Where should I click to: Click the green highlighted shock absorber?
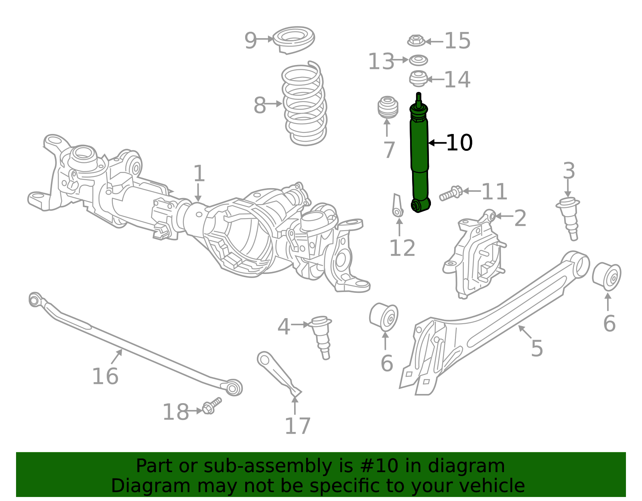pos(419,156)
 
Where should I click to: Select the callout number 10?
pos(459,143)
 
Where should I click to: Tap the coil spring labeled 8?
pos(304,104)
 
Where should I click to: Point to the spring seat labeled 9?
pos(294,40)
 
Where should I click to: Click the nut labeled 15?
pos(416,41)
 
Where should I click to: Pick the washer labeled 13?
pos(418,61)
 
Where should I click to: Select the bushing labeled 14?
pos(418,79)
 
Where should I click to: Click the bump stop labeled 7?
pos(388,107)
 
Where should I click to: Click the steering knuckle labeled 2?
pos(475,257)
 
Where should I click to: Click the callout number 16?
pos(105,376)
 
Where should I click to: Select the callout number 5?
pos(536,348)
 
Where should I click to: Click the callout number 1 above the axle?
pos(199,174)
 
